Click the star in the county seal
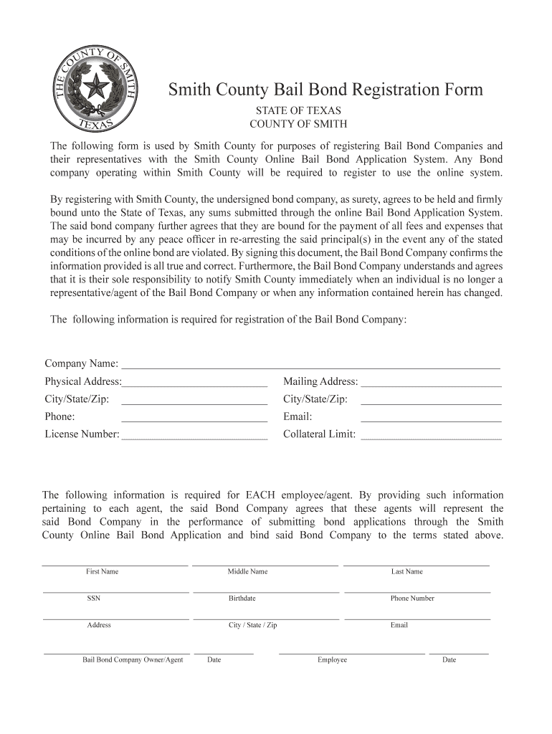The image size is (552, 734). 94,88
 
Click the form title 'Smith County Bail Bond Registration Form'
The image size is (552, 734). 325,90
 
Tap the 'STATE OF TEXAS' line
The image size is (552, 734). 299,111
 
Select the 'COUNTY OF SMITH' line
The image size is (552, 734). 298,124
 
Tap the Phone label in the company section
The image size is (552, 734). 60,416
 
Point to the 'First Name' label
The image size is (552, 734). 102,571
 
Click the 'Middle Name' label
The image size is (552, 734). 247,571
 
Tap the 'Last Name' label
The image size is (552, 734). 406,571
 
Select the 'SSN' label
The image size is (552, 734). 94,598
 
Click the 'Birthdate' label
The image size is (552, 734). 242,598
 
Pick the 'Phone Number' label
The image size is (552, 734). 412,598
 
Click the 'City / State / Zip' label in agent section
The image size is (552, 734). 252,625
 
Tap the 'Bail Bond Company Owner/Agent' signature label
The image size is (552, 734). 133,659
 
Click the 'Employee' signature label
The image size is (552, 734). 332,659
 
